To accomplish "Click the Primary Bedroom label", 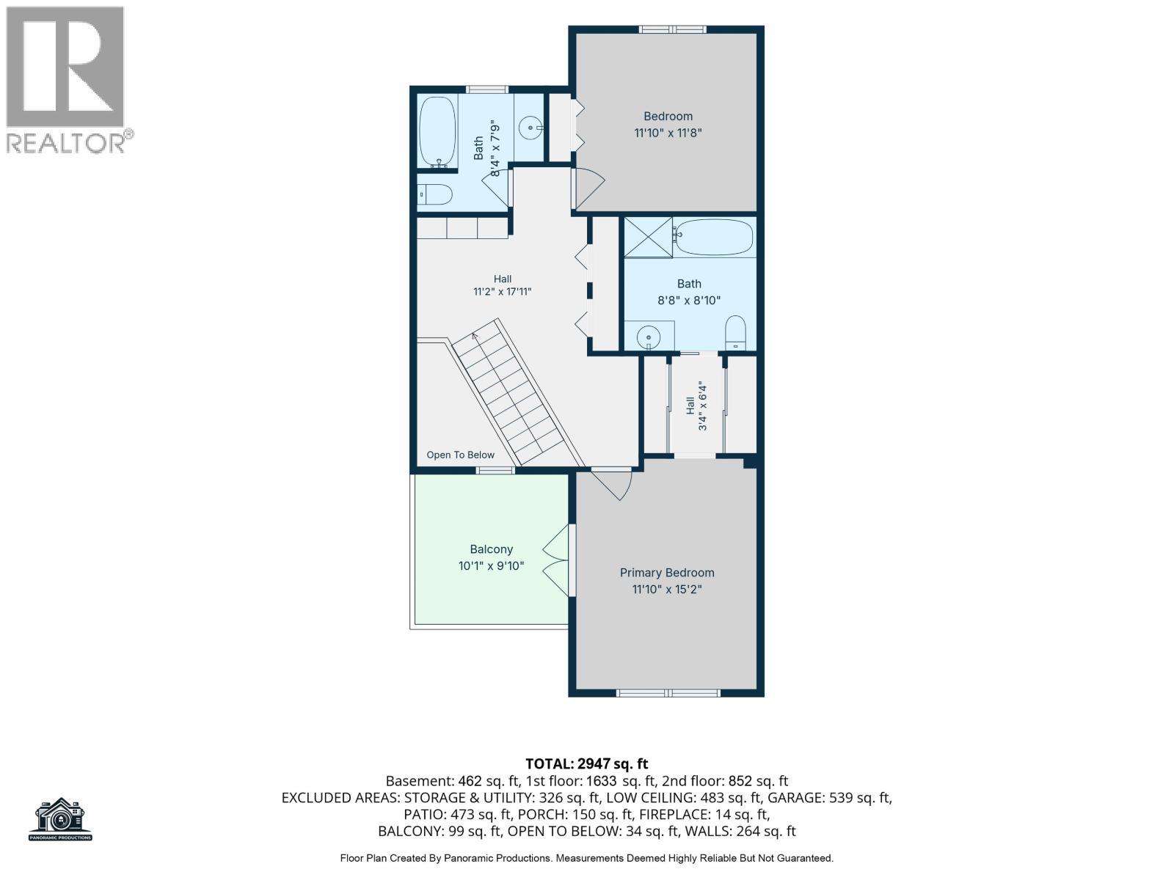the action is pos(666,573).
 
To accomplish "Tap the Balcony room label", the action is pos(491,549).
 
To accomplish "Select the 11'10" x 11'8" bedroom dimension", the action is pos(668,133).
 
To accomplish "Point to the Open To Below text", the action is pos(460,455).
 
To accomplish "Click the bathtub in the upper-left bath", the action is pos(437,132).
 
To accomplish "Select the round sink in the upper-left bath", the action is pos(531,128).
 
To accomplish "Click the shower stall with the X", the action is pos(648,237).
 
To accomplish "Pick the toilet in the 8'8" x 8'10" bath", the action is pos(735,333).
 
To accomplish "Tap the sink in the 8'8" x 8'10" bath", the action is pos(648,337).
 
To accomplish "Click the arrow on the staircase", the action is pos(475,336).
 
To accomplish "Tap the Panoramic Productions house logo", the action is pos(60,819).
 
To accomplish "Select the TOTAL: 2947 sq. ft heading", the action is pos(587,763).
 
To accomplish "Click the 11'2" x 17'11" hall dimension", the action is pos(502,292).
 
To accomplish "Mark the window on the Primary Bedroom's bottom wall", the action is pos(668,693).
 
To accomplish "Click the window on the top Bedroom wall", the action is pos(674,29).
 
